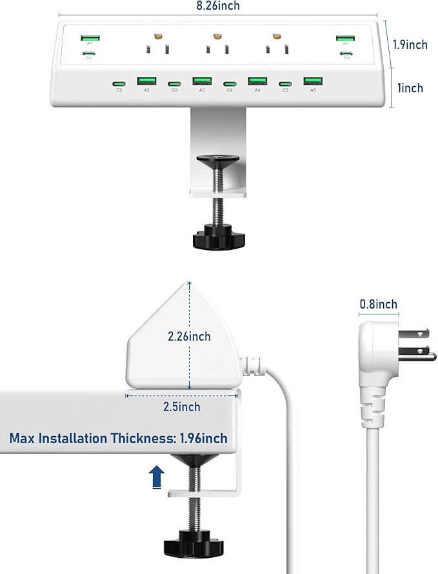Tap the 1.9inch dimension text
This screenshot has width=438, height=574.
pos(410,44)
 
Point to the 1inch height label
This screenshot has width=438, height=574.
pos(410,88)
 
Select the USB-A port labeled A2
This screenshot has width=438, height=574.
pos(146,81)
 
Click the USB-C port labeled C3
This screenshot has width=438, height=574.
pos(174,84)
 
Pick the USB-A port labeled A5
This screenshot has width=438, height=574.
pos(313,81)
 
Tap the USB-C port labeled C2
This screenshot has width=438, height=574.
pos(119,84)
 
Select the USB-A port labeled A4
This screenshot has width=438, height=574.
pos(257,81)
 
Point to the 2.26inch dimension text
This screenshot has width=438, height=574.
pos(189,336)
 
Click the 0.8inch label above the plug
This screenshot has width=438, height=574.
pos(378,304)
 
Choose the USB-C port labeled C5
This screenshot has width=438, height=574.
pos(285,84)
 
